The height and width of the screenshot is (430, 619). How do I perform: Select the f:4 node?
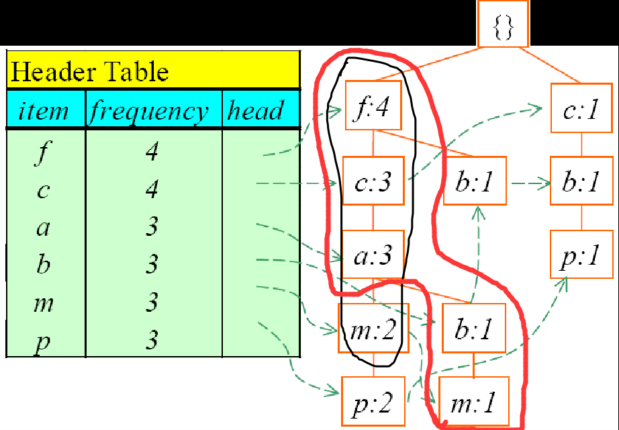click(x=373, y=106)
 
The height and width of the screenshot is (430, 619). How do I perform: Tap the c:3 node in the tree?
click(x=373, y=181)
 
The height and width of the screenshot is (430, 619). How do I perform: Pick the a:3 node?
click(x=373, y=256)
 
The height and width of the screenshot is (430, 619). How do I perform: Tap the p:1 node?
click(x=581, y=255)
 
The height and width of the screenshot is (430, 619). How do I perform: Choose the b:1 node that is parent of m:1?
click(x=473, y=329)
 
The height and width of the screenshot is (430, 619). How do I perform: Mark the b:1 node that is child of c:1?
click(x=581, y=181)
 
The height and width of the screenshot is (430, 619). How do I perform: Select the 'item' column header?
click(x=44, y=110)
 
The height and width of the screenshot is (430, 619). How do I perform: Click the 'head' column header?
click(x=255, y=110)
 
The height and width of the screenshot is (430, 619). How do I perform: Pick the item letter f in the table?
click(x=43, y=153)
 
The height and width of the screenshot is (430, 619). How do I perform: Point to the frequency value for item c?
click(x=152, y=191)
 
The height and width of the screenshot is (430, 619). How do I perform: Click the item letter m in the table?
click(x=43, y=304)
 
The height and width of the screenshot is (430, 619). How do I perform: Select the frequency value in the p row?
click(x=152, y=341)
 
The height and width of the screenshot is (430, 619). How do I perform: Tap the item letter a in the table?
click(x=43, y=228)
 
